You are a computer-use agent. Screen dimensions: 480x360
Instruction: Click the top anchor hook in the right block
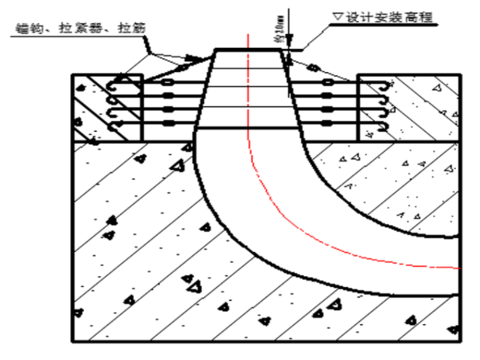coord(384,85)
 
